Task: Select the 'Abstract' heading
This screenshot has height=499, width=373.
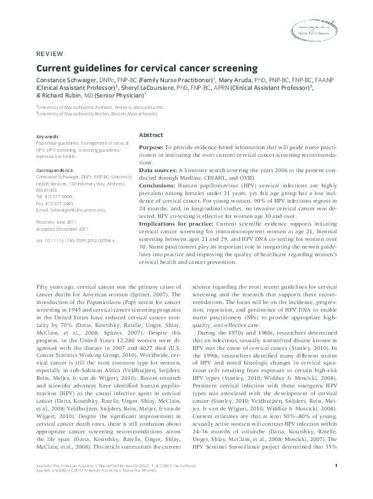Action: [x=150, y=136]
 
